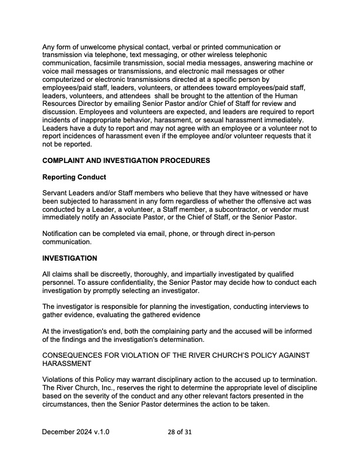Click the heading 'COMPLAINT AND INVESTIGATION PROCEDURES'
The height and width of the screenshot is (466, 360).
pos(126,161)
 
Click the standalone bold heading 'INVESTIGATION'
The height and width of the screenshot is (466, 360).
pos(70,258)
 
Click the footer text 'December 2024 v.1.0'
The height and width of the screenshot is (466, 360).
pos(75,432)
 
